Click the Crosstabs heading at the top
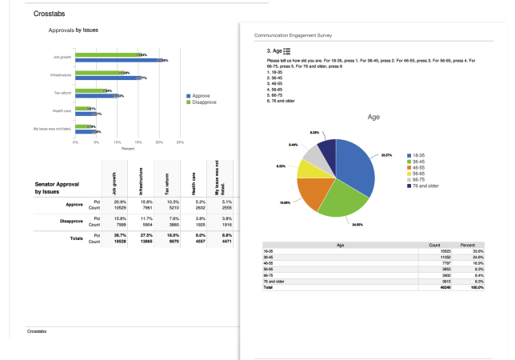(50, 14)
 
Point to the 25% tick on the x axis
(180, 142)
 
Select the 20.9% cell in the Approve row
(118, 202)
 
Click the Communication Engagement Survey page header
(293, 36)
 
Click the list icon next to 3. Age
(286, 51)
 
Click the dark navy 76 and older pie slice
(326, 150)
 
